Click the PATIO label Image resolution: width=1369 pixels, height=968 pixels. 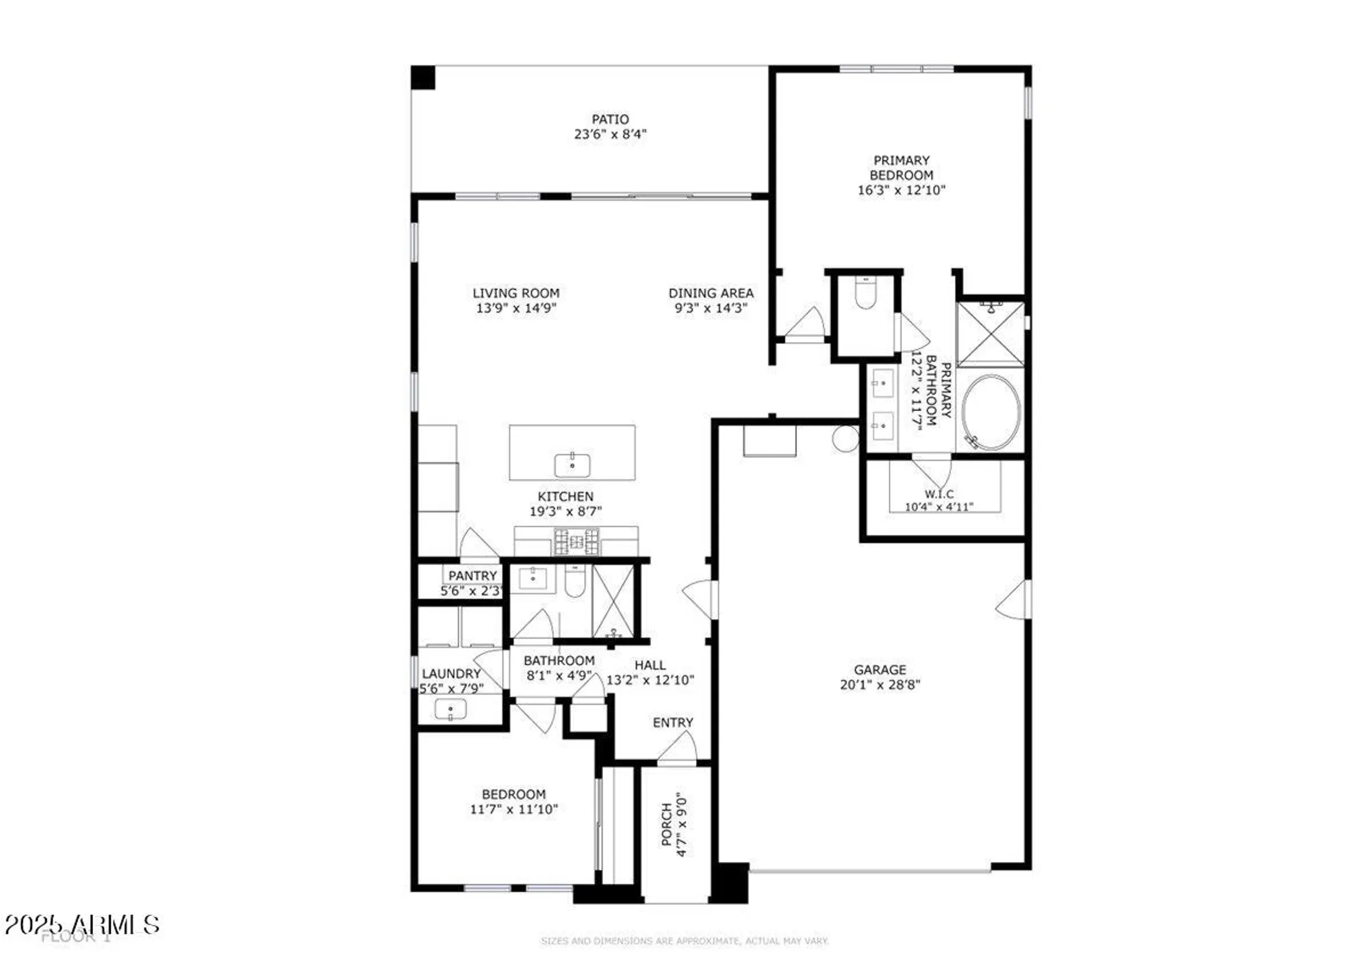[x=610, y=119]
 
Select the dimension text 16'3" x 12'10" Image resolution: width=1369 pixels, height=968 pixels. [x=901, y=190]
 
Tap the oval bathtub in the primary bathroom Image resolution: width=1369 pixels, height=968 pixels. [x=990, y=412]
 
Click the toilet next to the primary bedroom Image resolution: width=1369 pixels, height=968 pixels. [x=865, y=293]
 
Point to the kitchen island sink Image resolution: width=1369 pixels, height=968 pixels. [x=572, y=465]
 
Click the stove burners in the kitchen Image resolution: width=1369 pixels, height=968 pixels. [x=576, y=542]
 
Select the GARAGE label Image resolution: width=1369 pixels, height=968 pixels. [x=880, y=670]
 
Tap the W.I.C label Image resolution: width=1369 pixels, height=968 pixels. [x=938, y=493]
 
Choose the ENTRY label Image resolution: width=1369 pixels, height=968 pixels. [x=672, y=722]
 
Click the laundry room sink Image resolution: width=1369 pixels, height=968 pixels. [x=450, y=709]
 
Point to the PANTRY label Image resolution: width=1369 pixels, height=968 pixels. [x=472, y=576]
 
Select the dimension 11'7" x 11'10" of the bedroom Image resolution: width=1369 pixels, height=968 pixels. [x=513, y=809]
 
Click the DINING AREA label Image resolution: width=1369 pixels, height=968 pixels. [x=711, y=293]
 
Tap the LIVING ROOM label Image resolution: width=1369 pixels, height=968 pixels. [x=515, y=293]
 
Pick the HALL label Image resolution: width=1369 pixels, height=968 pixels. [x=650, y=665]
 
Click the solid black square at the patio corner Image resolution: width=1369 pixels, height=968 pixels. [x=423, y=77]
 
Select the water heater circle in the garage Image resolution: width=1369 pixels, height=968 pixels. [x=846, y=439]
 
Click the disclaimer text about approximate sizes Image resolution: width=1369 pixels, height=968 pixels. [x=684, y=941]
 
